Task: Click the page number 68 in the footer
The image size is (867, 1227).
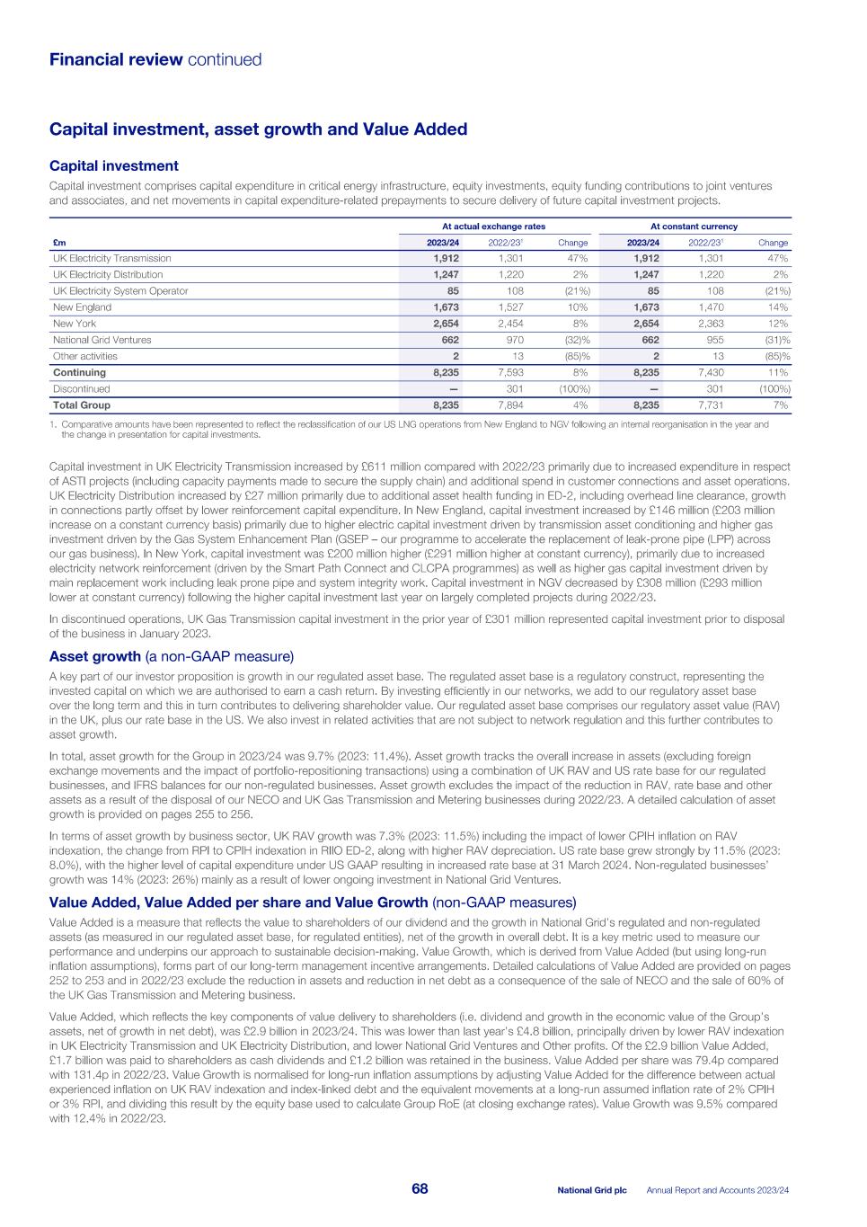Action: click(420, 1189)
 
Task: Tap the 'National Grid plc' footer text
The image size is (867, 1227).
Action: click(592, 1190)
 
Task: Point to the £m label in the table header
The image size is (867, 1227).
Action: click(58, 243)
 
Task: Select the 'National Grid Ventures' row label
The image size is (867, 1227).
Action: click(102, 340)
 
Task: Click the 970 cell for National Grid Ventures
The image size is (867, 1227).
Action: click(515, 340)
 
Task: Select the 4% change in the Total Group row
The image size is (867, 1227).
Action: click(581, 405)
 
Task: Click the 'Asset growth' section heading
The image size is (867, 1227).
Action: click(95, 656)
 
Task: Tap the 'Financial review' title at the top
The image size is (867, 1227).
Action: click(115, 60)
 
